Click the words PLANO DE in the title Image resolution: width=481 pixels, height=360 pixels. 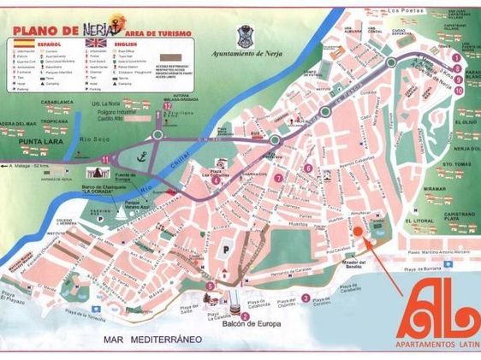point(44,27)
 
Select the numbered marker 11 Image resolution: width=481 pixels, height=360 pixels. point(104,160)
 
